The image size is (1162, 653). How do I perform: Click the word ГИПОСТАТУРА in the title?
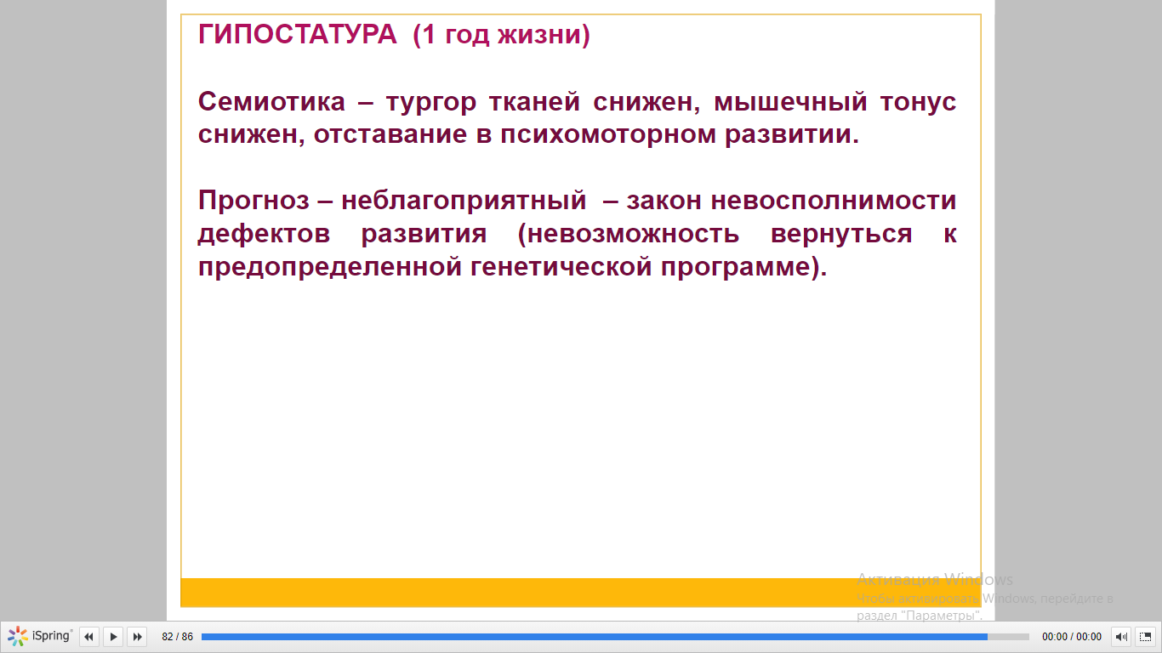[297, 35]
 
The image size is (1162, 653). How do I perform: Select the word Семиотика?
[271, 102]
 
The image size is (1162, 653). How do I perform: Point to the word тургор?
[431, 104]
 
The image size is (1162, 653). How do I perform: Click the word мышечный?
[790, 102]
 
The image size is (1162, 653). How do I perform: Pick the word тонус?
[918, 102]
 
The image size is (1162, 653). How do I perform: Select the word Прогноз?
[253, 201]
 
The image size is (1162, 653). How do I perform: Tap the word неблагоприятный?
[464, 202]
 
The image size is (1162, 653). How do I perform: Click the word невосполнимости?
[834, 201]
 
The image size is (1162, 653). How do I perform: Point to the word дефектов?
[264, 235]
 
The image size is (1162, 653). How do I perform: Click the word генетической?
[561, 267]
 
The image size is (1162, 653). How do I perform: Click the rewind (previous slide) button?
[88, 636]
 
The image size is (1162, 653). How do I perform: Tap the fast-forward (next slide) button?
[137, 636]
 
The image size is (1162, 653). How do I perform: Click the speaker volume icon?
[1120, 636]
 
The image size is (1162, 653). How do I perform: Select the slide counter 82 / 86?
[178, 636]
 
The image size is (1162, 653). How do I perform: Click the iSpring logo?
[40, 636]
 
